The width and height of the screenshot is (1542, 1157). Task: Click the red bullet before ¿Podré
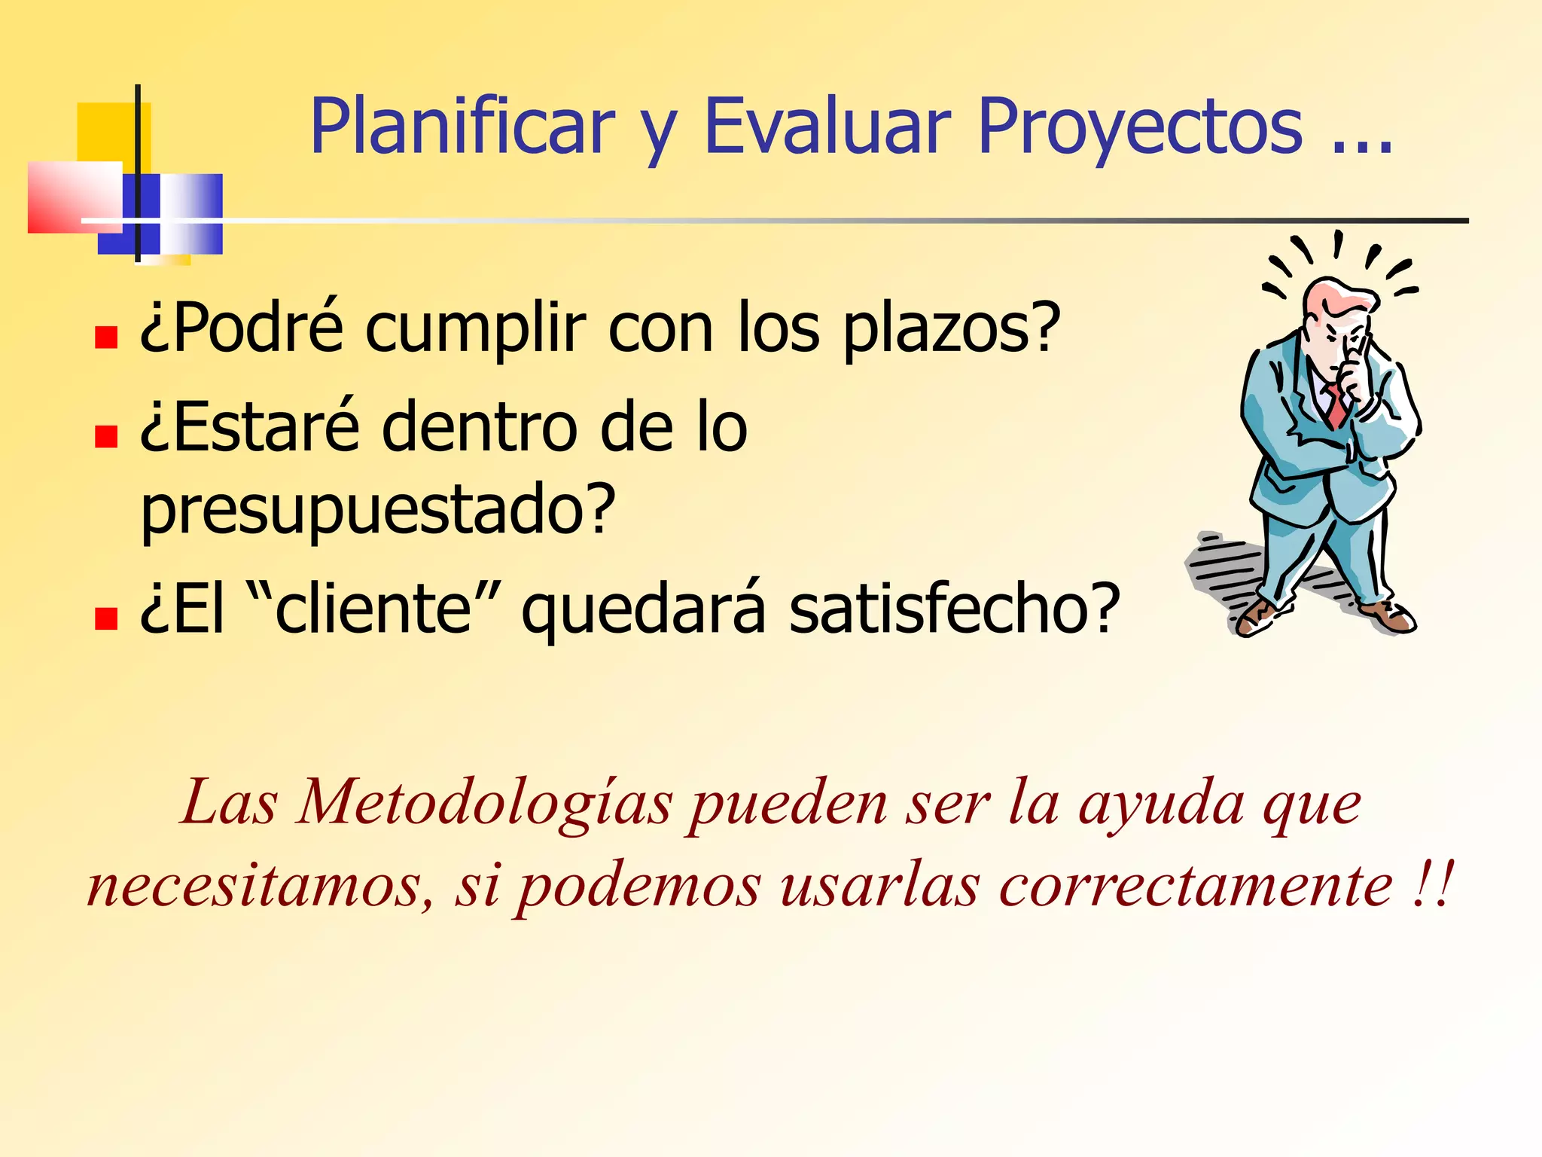106,337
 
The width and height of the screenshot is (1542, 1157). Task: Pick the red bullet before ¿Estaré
106,436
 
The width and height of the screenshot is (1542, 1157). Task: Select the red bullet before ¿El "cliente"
106,618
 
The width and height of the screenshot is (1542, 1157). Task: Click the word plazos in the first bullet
950,329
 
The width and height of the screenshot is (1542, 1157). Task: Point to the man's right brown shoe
1394,617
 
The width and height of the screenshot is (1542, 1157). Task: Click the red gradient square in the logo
73,197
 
